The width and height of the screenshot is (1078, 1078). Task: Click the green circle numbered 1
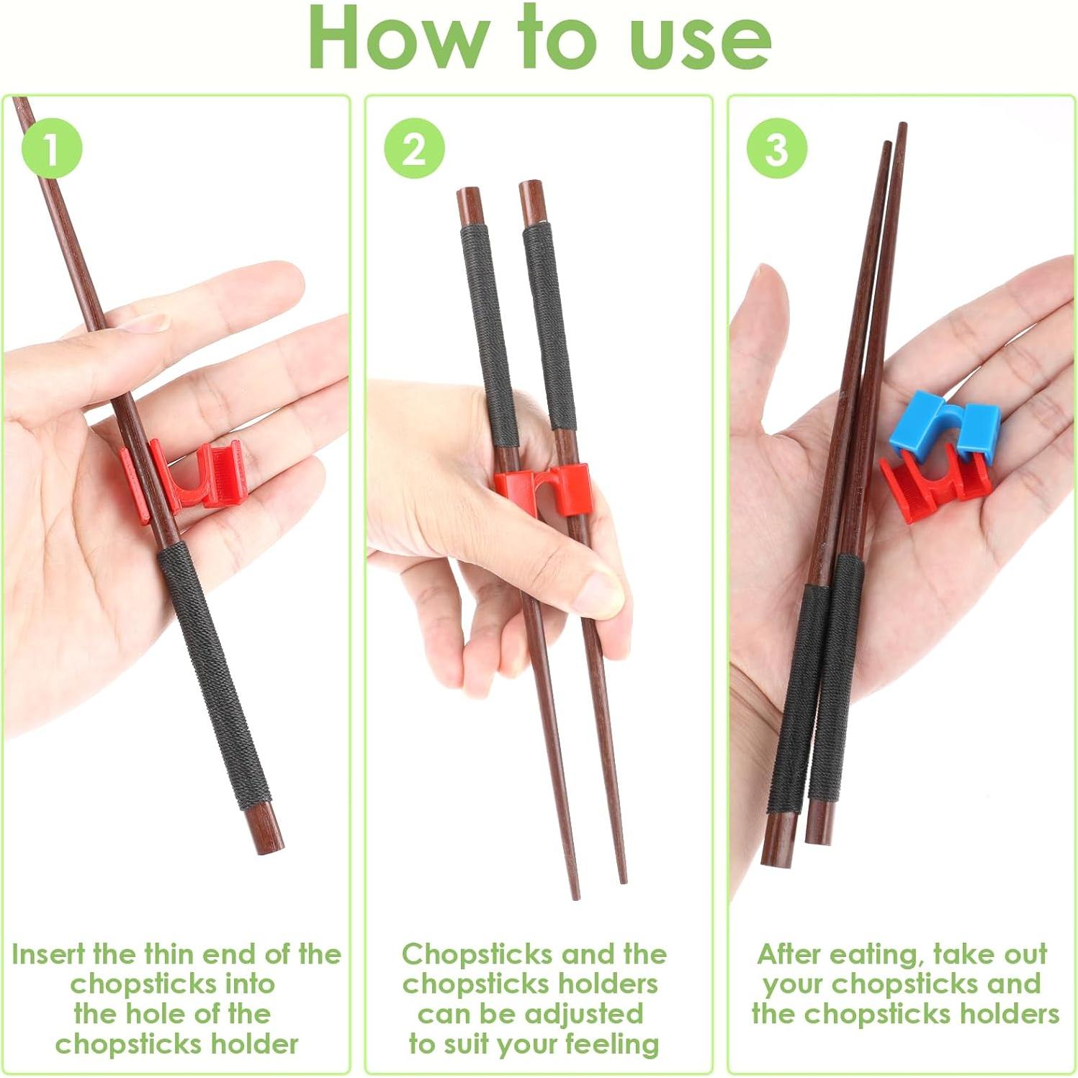pyautogui.click(x=52, y=149)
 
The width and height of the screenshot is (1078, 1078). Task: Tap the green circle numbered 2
pyautogui.click(x=414, y=149)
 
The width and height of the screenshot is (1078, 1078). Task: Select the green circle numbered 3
pyautogui.click(x=776, y=149)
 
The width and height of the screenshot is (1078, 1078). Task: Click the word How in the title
pyautogui.click(x=400, y=40)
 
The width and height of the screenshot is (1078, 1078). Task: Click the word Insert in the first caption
pyautogui.click(x=49, y=954)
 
